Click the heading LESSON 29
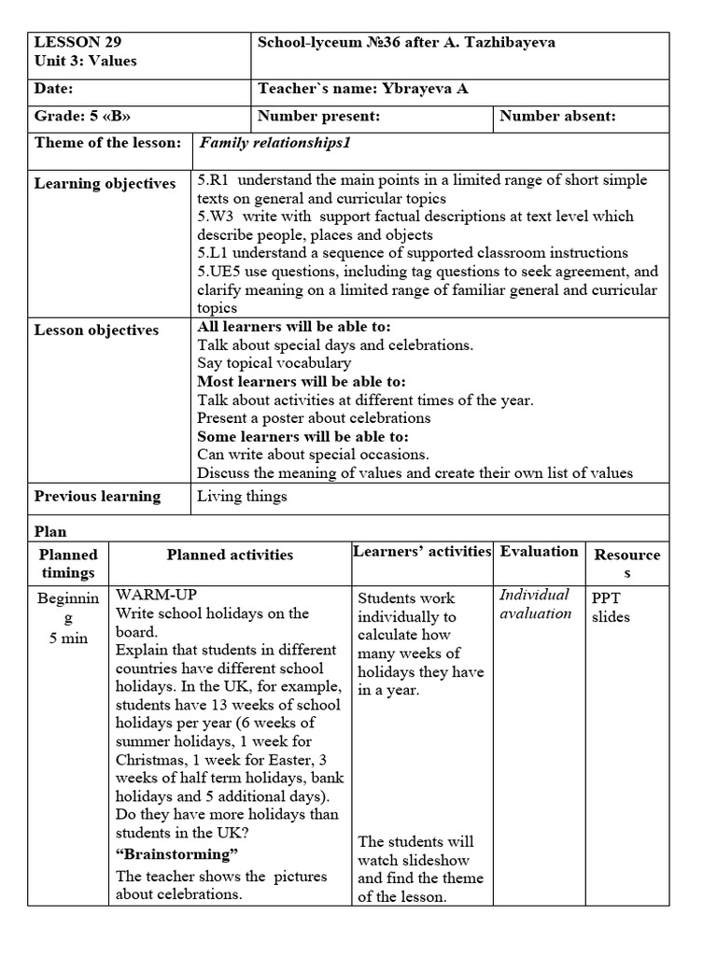point(77,42)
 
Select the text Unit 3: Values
point(85,61)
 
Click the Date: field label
point(53,89)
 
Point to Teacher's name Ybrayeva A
point(363,89)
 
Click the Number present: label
point(318,117)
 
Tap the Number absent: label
point(557,117)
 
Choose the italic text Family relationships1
point(274,143)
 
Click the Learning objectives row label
point(105,184)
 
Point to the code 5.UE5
point(216,272)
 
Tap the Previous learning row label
point(97,497)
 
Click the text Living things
point(242,497)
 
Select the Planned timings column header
point(68,563)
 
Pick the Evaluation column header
point(539,552)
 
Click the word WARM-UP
point(157,595)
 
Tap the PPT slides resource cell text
point(611,607)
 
